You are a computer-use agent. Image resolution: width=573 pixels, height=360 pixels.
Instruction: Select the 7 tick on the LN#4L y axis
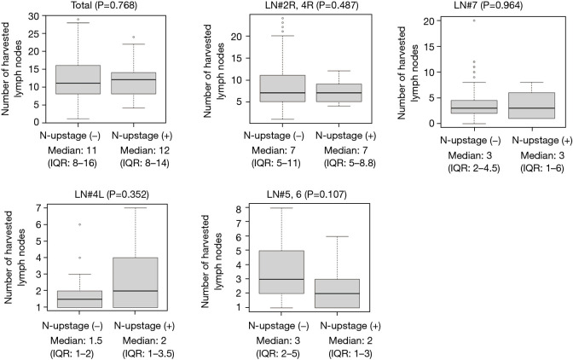(x=39, y=208)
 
